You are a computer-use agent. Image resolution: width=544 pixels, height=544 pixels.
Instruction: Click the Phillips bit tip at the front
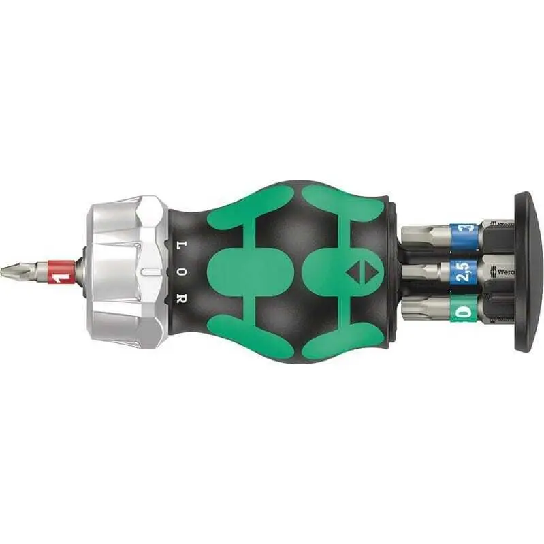tap(15, 271)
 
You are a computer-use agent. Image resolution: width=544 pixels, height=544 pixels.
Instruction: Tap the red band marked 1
tap(61, 272)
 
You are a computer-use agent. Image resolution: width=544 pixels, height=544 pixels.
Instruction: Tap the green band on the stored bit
tap(463, 310)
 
